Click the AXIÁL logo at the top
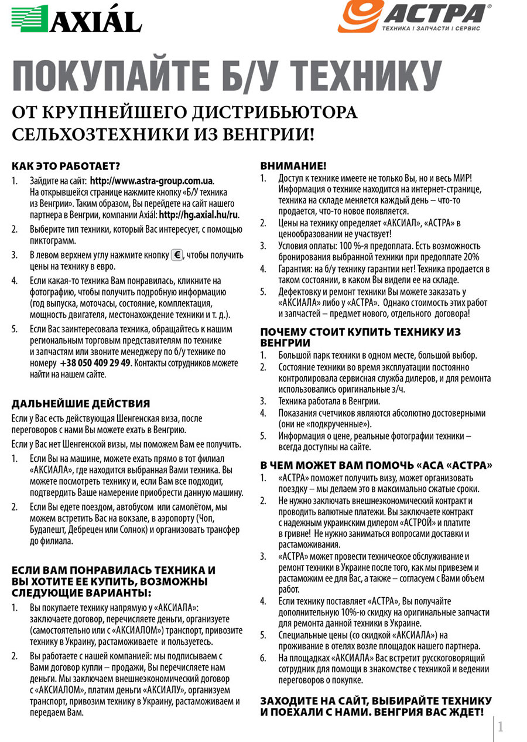(x=77, y=19)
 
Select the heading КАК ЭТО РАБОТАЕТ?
(x=66, y=166)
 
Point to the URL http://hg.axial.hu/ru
(x=199, y=215)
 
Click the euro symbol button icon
(x=177, y=255)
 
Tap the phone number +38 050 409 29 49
(x=95, y=363)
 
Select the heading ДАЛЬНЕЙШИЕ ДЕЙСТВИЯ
(x=81, y=403)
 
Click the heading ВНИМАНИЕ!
(x=293, y=166)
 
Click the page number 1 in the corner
(x=501, y=727)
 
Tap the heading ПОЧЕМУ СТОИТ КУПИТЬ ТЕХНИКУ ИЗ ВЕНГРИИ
(x=360, y=337)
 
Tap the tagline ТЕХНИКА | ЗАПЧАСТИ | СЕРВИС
(x=430, y=28)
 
